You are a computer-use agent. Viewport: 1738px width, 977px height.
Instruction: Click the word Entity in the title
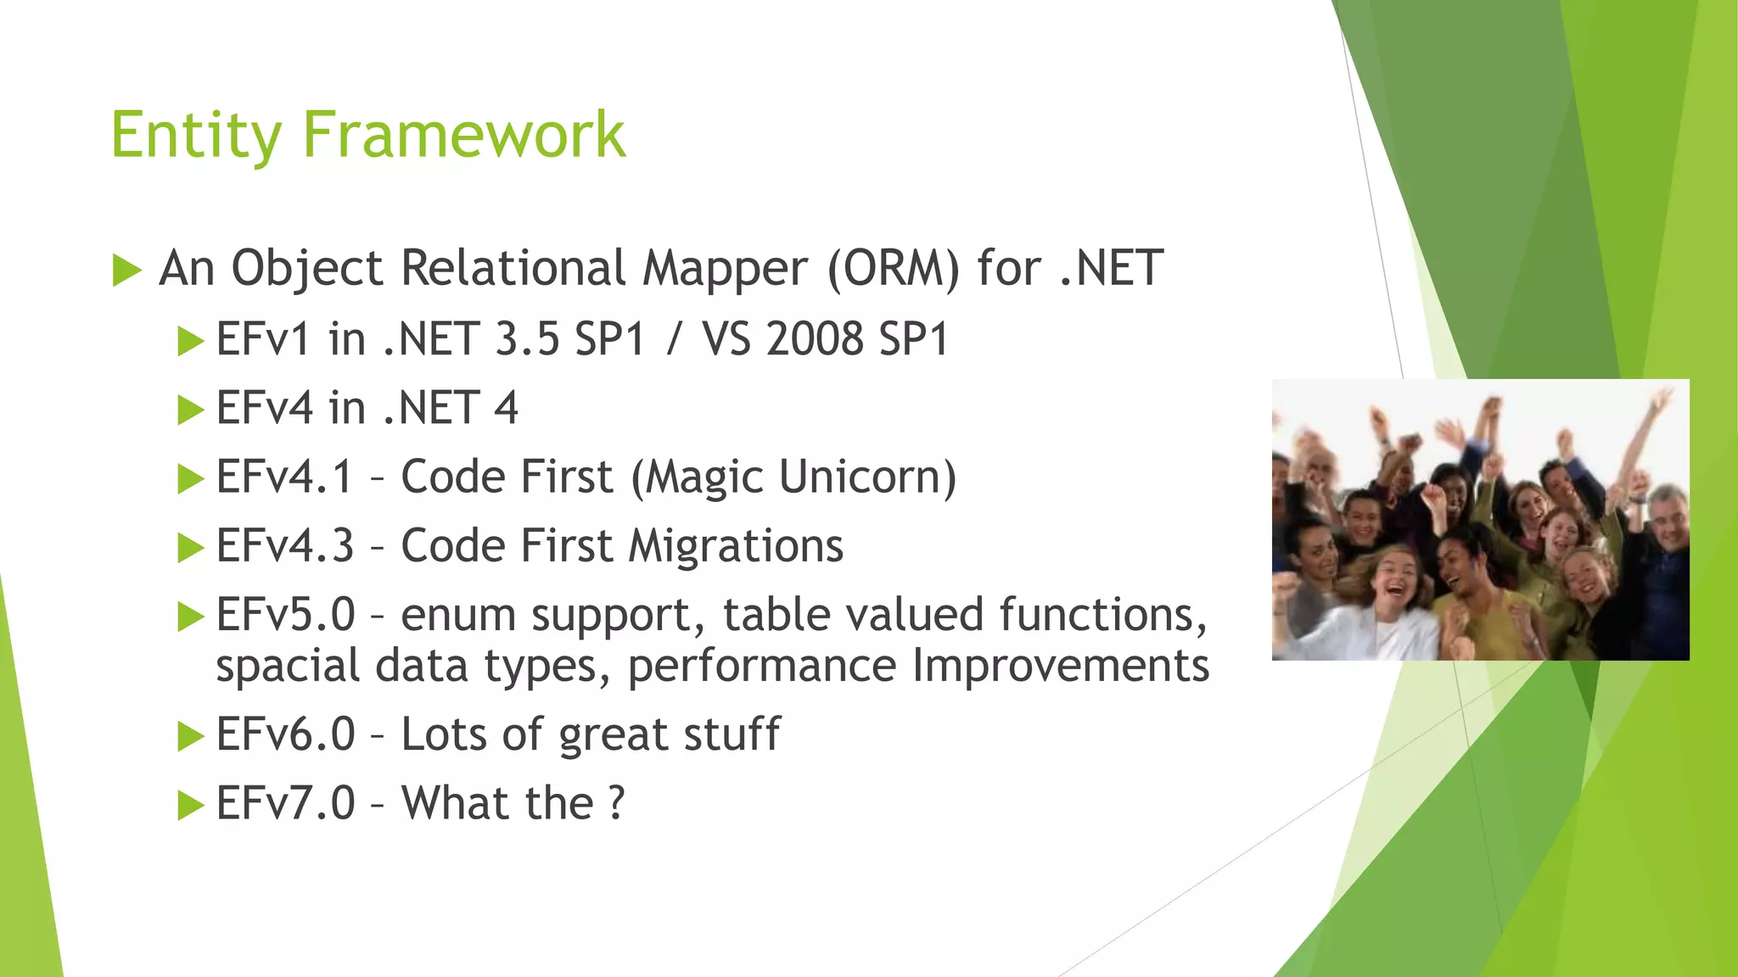(x=196, y=136)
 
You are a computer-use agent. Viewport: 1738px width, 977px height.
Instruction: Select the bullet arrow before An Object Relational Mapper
(x=126, y=271)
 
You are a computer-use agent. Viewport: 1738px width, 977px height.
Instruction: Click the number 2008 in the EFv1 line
(x=815, y=339)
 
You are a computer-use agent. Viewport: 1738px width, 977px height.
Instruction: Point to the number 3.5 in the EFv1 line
(x=527, y=339)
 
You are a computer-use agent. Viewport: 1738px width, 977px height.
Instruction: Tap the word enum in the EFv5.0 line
(x=457, y=615)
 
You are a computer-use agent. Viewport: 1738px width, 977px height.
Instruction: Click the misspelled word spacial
(x=288, y=667)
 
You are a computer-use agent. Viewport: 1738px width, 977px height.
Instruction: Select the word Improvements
(x=1061, y=666)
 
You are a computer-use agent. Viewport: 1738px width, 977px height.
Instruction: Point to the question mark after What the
(x=617, y=803)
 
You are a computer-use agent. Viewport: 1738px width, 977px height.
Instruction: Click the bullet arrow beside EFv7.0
(x=190, y=805)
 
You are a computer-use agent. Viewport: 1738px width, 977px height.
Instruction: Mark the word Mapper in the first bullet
(x=725, y=269)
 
